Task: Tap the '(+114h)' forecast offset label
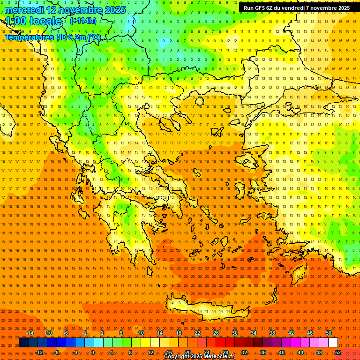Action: (83, 21)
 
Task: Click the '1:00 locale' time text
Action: (33, 21)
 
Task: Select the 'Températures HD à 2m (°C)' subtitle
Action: (52, 37)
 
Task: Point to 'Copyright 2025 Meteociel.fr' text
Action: (199, 357)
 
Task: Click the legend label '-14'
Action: (30, 333)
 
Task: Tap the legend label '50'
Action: (328, 333)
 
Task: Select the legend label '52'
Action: (338, 352)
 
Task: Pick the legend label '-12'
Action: (39, 352)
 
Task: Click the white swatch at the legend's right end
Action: (333, 343)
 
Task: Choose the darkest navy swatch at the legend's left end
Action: (24, 343)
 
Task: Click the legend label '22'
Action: (197, 333)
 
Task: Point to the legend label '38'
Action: (272, 333)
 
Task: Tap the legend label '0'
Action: (93, 352)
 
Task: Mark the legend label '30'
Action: (234, 333)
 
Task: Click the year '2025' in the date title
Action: (114, 10)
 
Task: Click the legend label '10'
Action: (141, 333)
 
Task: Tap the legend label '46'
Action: (309, 333)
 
